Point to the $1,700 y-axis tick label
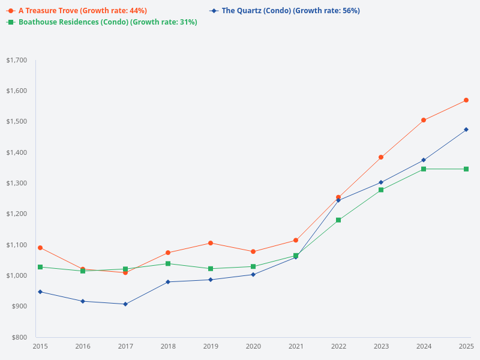point(16,60)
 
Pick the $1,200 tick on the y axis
point(16,214)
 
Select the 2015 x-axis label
point(40,346)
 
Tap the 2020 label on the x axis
point(253,346)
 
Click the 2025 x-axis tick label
point(466,346)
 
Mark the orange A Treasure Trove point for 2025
point(466,100)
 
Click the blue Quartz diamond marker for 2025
point(466,130)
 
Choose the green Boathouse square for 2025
point(466,169)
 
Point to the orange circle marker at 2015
point(40,248)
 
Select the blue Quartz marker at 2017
point(125,304)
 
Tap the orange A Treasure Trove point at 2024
point(424,120)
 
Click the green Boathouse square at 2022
point(338,220)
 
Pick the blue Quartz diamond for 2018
point(168,282)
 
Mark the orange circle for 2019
point(211,243)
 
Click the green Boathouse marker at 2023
point(381,190)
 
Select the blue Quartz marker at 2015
point(40,292)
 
